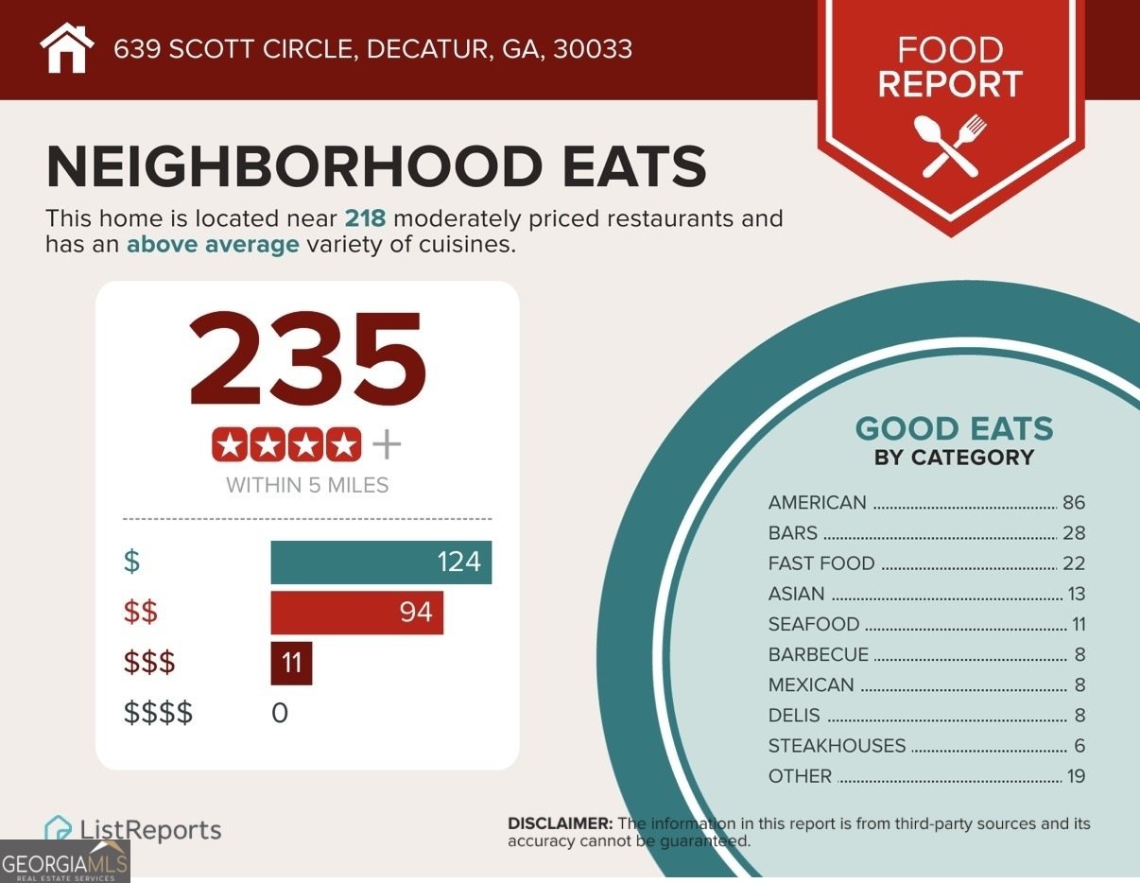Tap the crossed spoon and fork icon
(950, 146)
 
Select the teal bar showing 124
(381, 562)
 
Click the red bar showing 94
(356, 613)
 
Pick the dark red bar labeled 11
(291, 663)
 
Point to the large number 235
(307, 358)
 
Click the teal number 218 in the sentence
(365, 218)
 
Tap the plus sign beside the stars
(387, 445)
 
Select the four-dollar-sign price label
(158, 713)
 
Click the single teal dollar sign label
(131, 562)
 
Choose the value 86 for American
(1074, 503)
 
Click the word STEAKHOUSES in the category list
(837, 746)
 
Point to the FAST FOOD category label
(821, 563)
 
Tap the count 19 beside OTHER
(1076, 776)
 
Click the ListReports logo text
(150, 830)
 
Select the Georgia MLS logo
(64, 861)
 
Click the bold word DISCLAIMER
(560, 823)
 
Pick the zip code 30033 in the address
(593, 49)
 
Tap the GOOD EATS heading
(955, 428)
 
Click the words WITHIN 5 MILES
(307, 485)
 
